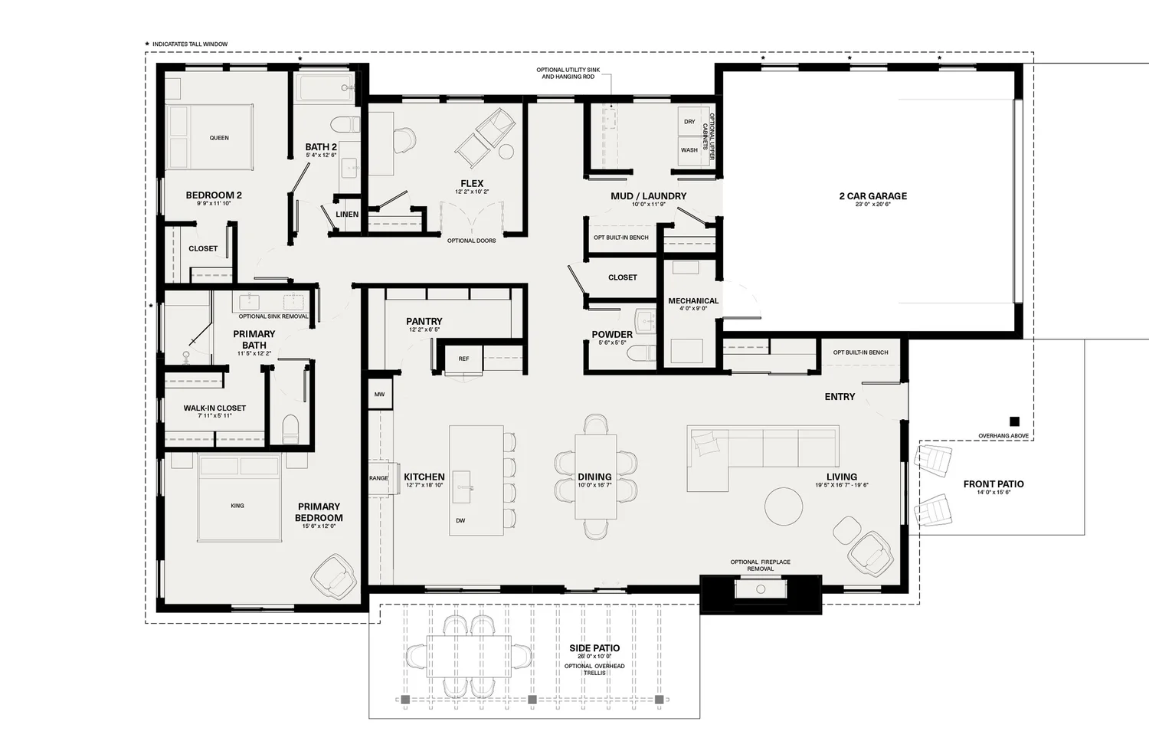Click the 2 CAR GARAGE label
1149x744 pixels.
click(873, 196)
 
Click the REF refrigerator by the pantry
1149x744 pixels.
click(463, 359)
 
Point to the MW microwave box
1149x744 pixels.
click(380, 394)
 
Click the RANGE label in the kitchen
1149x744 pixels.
click(378, 478)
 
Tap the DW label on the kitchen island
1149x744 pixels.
click(460, 521)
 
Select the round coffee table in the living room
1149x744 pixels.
click(784, 506)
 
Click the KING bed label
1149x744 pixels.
click(237, 506)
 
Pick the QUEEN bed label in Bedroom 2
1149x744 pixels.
click(219, 138)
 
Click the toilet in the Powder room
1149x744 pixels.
click(642, 353)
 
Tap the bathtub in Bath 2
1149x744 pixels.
click(326, 88)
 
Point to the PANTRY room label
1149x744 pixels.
click(424, 321)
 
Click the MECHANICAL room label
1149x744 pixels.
click(693, 300)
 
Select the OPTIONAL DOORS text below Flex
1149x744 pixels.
click(471, 241)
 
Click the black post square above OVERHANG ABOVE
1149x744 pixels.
click(1014, 421)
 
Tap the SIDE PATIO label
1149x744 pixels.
click(594, 648)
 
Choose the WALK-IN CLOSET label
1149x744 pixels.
click(214, 408)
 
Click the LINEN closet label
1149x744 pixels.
click(347, 215)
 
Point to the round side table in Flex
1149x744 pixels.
click(506, 152)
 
